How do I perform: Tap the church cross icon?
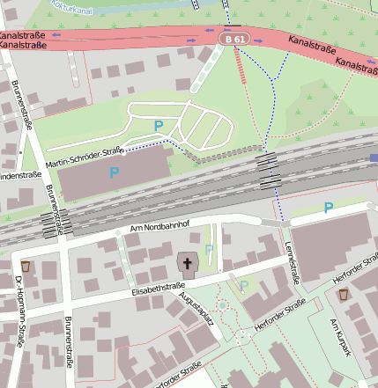tap(187, 261)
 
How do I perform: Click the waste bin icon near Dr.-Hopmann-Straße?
tap(26, 266)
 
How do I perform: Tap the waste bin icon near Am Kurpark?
tap(343, 295)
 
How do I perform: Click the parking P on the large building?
tap(115, 172)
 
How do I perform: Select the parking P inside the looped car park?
tap(159, 126)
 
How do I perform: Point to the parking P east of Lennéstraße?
tap(328, 208)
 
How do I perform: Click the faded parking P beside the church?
tap(209, 250)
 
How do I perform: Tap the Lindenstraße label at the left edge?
tap(19, 176)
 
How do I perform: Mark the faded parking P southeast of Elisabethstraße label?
tap(243, 285)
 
